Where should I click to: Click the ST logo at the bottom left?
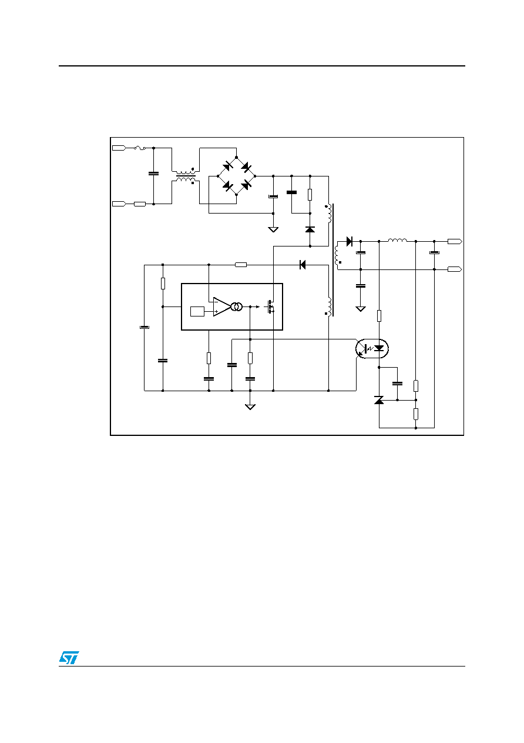[x=69, y=657]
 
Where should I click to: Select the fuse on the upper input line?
[x=140, y=148]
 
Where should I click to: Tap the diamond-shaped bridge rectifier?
[x=236, y=176]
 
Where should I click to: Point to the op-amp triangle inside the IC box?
[x=221, y=306]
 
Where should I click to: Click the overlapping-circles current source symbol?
[x=237, y=307]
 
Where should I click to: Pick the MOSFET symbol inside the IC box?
[x=270, y=307]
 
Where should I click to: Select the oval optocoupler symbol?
[x=372, y=348]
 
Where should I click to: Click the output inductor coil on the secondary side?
[x=397, y=240]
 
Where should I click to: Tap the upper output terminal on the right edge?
[x=455, y=241]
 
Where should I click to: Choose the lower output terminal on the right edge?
[x=455, y=269]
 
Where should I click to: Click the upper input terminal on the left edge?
[x=119, y=148]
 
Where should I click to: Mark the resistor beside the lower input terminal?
[x=140, y=204]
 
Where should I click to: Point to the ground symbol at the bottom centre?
[x=250, y=407]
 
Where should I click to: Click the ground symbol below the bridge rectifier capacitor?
[x=273, y=229]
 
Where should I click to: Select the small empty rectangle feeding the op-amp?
[x=197, y=311]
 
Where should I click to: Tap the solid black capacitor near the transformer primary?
[x=291, y=192]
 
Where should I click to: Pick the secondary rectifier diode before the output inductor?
[x=349, y=241]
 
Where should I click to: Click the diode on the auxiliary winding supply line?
[x=302, y=265]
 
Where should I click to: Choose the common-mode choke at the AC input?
[x=186, y=176]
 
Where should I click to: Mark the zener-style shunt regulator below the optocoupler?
[x=379, y=400]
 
